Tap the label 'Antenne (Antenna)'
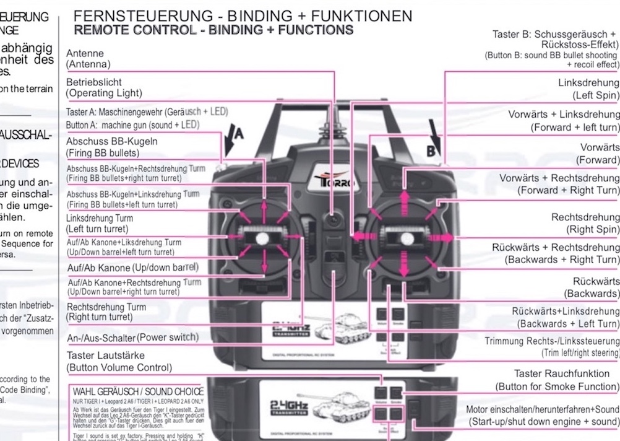88,59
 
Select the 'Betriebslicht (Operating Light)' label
103,87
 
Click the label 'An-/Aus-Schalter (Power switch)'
132,338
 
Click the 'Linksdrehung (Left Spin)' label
588,89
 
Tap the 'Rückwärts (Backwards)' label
591,287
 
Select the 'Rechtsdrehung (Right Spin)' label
585,223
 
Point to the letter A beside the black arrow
239,133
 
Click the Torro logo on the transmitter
335,182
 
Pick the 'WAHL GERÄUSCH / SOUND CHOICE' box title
138,391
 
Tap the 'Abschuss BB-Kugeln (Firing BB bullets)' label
112,147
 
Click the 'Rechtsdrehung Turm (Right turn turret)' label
106,312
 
